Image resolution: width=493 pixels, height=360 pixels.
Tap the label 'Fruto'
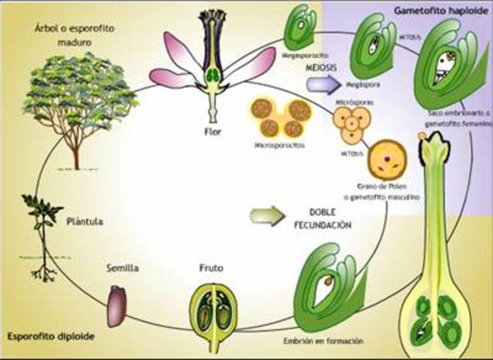pyautogui.click(x=211, y=271)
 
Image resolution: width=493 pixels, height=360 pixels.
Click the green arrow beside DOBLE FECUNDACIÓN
pyautogui.click(x=266, y=215)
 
